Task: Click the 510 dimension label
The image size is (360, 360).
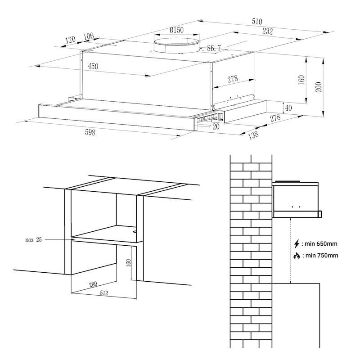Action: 257,22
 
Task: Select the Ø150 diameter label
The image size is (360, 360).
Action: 176,30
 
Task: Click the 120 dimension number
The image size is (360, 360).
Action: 70,40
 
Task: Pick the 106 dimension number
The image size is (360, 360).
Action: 89,36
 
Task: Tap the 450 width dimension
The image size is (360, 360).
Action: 93,66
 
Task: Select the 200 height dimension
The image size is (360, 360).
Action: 319,87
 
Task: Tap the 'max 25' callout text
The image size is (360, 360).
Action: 33,240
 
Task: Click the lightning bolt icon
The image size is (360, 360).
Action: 296,244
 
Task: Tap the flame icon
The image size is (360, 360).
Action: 296,256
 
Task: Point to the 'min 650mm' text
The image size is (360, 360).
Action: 321,244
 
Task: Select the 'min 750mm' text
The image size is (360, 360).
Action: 321,256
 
